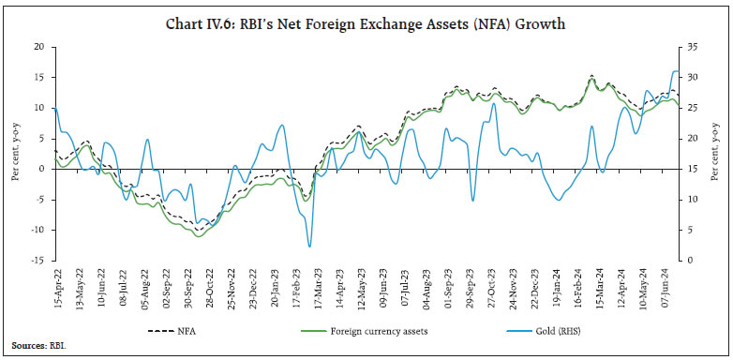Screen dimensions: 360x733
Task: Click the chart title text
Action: (366, 24)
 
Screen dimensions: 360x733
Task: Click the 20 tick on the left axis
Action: (38, 47)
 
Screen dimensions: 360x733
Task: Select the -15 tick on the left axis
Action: (37, 261)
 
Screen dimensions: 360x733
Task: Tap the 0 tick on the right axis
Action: (687, 261)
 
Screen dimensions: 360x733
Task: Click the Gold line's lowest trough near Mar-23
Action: (309, 247)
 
